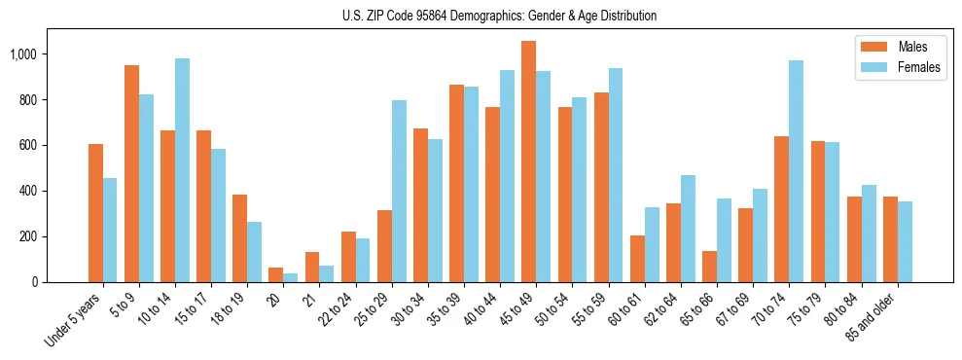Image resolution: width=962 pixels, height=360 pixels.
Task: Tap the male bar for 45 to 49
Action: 528,162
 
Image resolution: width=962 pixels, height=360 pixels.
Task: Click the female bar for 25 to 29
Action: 399,191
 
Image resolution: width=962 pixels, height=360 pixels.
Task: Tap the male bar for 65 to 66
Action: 709,267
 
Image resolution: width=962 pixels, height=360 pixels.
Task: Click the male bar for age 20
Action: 276,274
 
